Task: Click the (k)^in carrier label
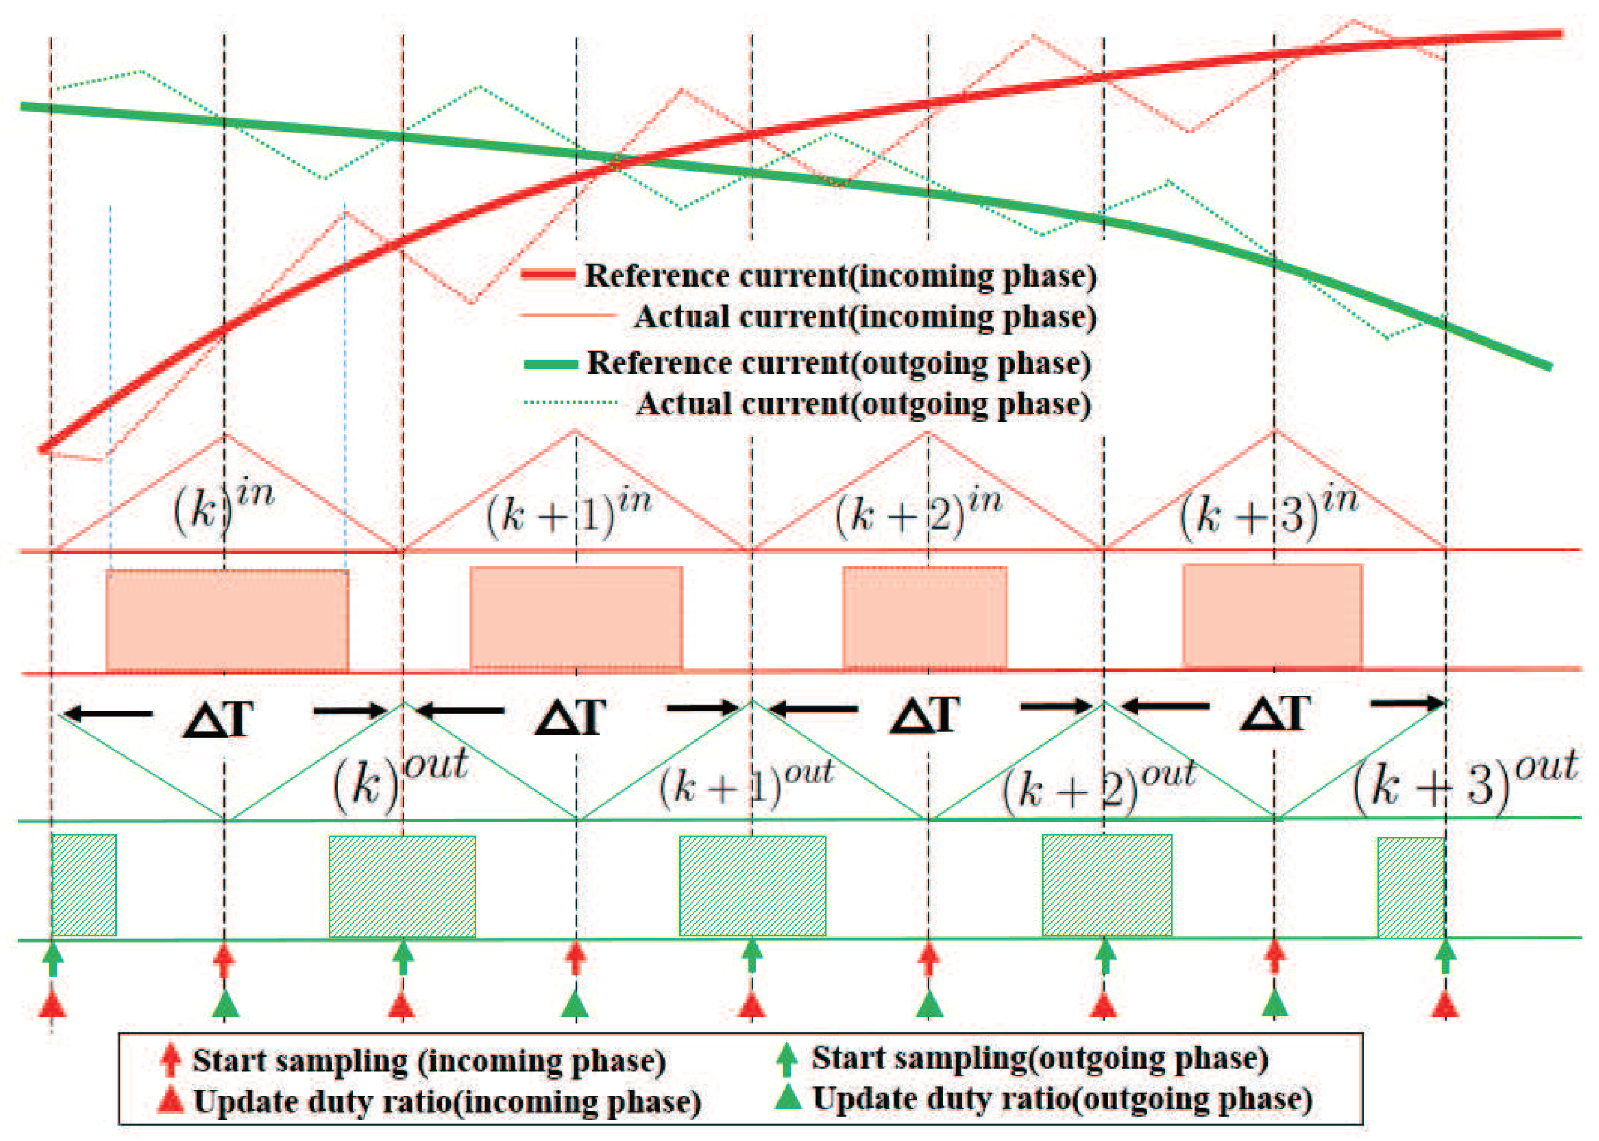(x=223, y=507)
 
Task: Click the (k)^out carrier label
(x=399, y=778)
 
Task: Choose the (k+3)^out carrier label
(x=1465, y=780)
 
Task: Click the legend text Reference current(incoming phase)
(x=840, y=275)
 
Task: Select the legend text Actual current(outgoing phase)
(x=863, y=404)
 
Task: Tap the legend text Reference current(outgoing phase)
(x=838, y=363)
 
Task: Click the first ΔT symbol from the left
(x=219, y=718)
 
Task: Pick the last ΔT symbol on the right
(x=1275, y=714)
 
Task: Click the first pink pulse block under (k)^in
(x=227, y=620)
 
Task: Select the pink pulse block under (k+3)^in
(x=1272, y=615)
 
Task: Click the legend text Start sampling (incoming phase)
(x=429, y=1061)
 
